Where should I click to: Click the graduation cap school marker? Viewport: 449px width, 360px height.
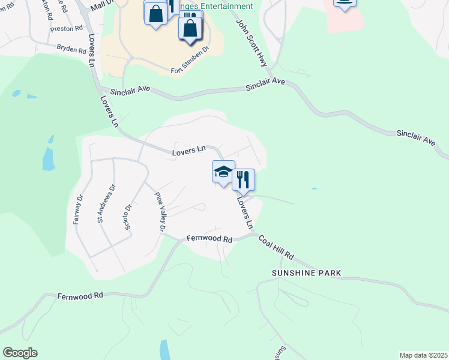(x=223, y=172)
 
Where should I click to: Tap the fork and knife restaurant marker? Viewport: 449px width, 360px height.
(x=243, y=179)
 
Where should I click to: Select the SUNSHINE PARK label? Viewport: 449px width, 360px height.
(x=306, y=273)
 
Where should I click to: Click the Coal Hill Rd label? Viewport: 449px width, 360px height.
(x=276, y=247)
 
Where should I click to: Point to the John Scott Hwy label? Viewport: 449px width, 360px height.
(x=252, y=42)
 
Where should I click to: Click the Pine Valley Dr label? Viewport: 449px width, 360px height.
(x=160, y=212)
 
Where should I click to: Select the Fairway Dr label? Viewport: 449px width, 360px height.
(x=77, y=208)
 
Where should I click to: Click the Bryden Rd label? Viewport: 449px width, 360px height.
(x=71, y=49)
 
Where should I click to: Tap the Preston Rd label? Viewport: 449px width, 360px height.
(x=67, y=28)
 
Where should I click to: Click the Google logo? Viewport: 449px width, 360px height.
(x=20, y=353)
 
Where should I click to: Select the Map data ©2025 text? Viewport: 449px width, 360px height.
(x=423, y=355)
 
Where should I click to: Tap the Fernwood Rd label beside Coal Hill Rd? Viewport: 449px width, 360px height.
(x=209, y=239)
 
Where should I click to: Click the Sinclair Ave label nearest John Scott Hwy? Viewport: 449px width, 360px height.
(x=265, y=87)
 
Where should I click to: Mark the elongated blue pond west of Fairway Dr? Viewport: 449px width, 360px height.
(x=49, y=154)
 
